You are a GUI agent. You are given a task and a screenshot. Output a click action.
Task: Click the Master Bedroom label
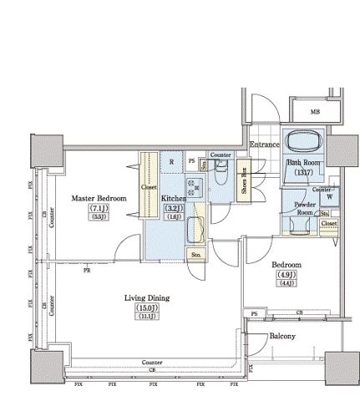tap(98, 198)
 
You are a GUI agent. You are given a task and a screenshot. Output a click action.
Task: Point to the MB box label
tap(315, 112)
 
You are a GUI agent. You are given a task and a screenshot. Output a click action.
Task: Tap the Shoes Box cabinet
tap(244, 180)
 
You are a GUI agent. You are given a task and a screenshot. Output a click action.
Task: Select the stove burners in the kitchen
tap(192, 189)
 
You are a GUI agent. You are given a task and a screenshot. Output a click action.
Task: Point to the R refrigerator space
tap(171, 163)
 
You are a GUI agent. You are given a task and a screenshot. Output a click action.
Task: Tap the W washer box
tap(330, 197)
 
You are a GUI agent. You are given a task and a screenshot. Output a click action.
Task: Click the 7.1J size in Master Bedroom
tap(98, 208)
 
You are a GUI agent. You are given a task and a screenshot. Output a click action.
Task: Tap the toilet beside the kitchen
tap(220, 178)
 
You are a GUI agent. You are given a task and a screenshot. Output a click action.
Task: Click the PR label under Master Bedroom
tap(86, 270)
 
